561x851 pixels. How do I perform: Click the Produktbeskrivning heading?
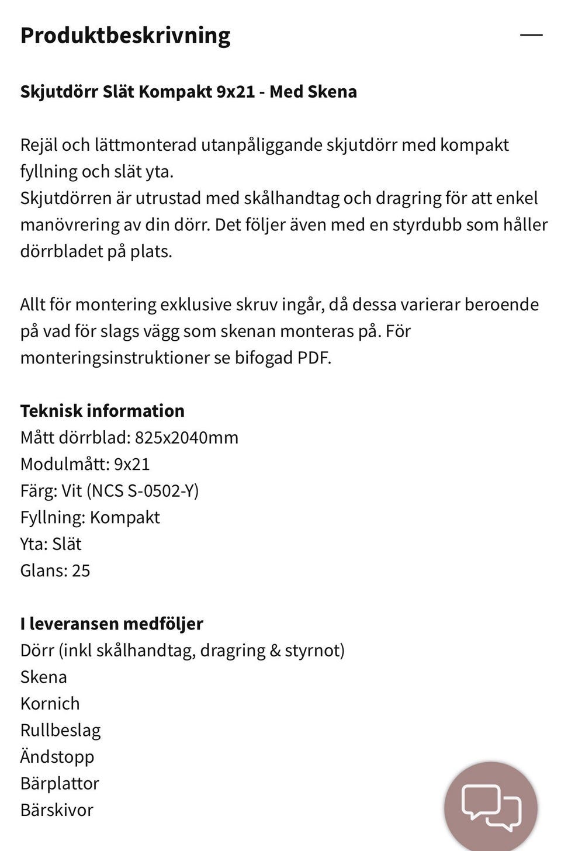point(125,36)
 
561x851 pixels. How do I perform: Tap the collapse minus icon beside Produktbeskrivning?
point(531,35)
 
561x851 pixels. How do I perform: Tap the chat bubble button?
point(490,807)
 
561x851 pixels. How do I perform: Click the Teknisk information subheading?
point(102,411)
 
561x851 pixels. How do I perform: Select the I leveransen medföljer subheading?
point(112,624)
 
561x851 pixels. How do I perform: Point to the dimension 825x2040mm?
point(186,437)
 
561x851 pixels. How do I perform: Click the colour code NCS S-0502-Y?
point(143,490)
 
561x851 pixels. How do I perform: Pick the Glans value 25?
point(81,570)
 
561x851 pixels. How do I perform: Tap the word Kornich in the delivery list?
point(50,703)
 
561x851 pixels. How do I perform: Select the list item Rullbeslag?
point(60,730)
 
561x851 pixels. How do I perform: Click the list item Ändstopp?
point(57,756)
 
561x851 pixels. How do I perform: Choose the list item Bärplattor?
point(60,783)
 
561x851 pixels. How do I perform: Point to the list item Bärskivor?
point(57,810)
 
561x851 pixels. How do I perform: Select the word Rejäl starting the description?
point(39,145)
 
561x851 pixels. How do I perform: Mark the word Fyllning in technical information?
point(52,517)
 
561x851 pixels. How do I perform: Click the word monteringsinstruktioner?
point(115,358)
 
